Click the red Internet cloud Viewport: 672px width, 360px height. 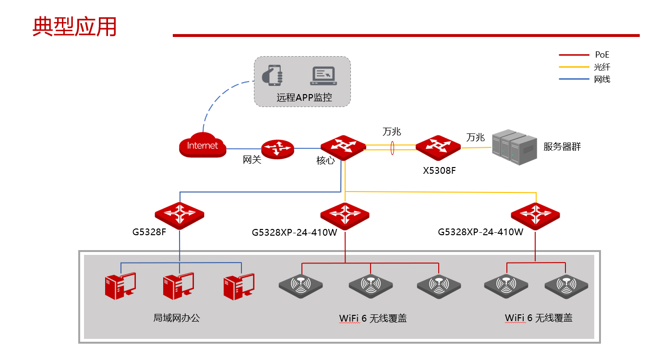pyautogui.click(x=203, y=145)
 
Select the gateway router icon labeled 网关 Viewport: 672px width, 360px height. pyautogui.click(x=277, y=149)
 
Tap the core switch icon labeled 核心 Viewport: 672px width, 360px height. pyautogui.click(x=343, y=148)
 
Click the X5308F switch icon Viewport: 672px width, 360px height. pyautogui.click(x=438, y=148)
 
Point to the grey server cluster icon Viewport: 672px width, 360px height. pyautogui.click(x=514, y=147)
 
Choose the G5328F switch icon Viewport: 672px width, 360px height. pyautogui.click(x=180, y=216)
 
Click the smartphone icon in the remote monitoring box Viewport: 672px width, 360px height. pyautogui.click(x=273, y=75)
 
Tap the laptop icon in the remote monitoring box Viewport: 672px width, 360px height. pyautogui.click(x=324, y=76)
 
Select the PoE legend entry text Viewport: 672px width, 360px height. pyautogui.click(x=602, y=55)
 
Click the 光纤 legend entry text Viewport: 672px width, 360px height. pyautogui.click(x=602, y=67)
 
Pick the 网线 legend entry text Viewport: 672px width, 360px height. pyautogui.click(x=602, y=79)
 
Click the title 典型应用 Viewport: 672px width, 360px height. pyautogui.click(x=74, y=27)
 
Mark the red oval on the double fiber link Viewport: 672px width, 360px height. pyautogui.click(x=392, y=148)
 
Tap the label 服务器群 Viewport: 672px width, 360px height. pyautogui.click(x=562, y=146)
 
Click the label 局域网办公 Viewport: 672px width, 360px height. pyautogui.click(x=177, y=318)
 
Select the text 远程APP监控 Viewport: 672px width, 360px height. pyautogui.click(x=304, y=97)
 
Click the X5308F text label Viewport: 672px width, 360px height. pyautogui.click(x=439, y=171)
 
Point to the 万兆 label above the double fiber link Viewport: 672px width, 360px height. pyautogui.click(x=392, y=132)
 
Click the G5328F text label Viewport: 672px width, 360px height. pyautogui.click(x=149, y=232)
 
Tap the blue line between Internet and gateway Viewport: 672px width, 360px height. pyautogui.click(x=244, y=149)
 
